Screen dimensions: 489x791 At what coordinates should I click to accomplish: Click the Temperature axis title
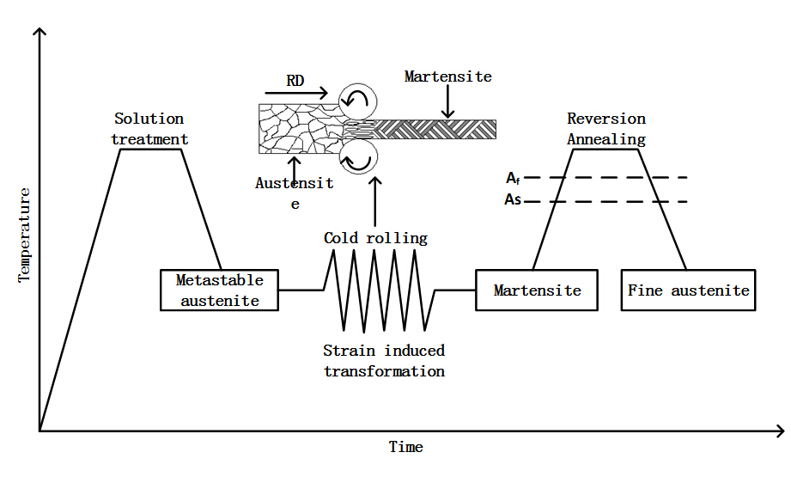coord(24,234)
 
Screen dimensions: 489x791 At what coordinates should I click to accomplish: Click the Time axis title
coord(405,447)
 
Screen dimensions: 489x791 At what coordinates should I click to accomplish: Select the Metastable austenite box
coord(220,290)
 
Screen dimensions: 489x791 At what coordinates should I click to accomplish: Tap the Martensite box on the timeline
coord(537,290)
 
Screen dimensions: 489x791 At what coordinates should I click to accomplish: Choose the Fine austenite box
coord(689,290)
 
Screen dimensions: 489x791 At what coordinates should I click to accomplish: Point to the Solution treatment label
coord(149,129)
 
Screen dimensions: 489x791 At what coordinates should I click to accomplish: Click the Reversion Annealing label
coord(606,129)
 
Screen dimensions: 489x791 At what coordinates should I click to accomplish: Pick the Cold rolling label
coord(375,238)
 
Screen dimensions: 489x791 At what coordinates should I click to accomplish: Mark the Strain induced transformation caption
coord(384,361)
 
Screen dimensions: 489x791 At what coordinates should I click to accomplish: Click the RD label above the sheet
coord(295,80)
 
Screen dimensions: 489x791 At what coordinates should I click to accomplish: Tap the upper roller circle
coord(356,101)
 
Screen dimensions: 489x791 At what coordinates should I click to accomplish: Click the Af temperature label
coord(512,178)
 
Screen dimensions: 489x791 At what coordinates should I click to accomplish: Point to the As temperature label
coord(512,202)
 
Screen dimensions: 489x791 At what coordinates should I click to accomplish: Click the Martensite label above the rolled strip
coord(447,76)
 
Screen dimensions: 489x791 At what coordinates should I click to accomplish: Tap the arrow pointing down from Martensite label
coord(447,103)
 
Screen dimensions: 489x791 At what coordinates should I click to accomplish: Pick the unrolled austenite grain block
coord(301,129)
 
